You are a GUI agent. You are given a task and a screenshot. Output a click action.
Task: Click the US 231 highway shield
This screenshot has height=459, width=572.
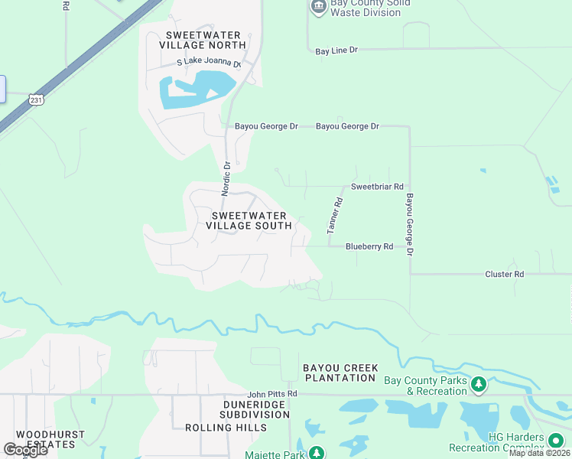pos(36,99)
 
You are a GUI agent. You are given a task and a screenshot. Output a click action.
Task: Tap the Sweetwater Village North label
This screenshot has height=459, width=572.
pos(203,41)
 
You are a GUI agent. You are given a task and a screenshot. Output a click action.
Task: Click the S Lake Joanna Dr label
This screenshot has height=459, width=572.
pos(209,63)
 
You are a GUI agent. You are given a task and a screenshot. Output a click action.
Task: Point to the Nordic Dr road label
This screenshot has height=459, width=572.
pos(226,178)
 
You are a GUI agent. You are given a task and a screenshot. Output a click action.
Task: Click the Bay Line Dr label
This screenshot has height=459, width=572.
pos(336,50)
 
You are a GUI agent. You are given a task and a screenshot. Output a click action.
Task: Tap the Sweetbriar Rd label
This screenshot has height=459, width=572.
pos(376,187)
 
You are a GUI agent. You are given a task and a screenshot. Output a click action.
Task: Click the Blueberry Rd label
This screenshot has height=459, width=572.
pos(369,246)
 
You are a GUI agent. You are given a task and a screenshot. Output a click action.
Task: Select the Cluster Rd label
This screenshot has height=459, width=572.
pos(504,274)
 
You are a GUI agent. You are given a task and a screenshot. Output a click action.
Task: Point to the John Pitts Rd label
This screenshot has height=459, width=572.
pos(271,394)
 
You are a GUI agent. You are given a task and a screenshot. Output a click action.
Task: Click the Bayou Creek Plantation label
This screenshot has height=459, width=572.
pos(340,373)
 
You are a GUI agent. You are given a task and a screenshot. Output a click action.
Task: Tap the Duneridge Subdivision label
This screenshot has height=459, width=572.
pos(256,409)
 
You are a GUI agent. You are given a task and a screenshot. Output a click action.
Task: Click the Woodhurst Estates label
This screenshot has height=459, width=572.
pos(50,439)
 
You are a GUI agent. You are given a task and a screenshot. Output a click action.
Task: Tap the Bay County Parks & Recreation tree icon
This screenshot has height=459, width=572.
pos(479,383)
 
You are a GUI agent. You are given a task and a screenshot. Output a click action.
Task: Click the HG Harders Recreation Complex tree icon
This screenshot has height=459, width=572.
pos(555,443)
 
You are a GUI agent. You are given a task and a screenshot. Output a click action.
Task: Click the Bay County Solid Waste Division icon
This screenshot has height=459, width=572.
pos(318,7)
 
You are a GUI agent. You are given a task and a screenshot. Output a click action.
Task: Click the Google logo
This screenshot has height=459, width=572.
pos(25,450)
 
